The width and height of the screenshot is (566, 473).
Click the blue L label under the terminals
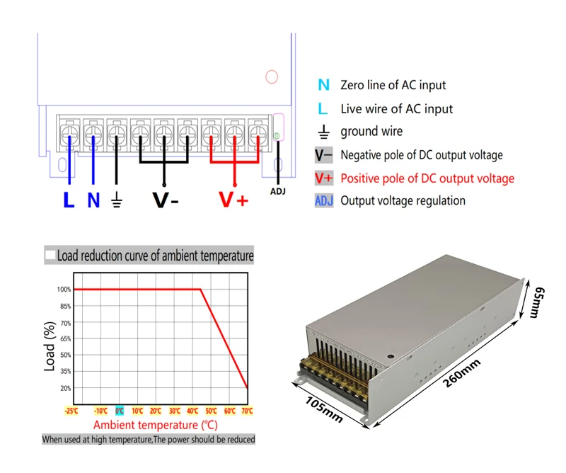click(x=69, y=200)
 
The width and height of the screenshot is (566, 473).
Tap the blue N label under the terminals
click(x=93, y=200)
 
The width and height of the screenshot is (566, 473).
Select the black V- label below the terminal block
click(x=166, y=200)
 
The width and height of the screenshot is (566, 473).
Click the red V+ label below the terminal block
click(x=233, y=200)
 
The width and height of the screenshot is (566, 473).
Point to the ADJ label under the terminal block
click(x=279, y=191)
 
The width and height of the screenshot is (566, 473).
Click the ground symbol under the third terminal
click(x=117, y=201)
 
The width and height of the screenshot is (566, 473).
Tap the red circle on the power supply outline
click(x=271, y=76)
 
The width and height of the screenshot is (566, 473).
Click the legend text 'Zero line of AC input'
click(x=393, y=85)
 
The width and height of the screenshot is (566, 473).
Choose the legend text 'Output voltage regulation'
click(x=403, y=200)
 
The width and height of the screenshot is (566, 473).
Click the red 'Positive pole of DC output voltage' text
click(x=427, y=178)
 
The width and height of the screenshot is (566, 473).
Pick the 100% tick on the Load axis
click(x=64, y=289)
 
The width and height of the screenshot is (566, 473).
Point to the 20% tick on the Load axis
click(x=65, y=388)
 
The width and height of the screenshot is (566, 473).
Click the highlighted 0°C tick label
click(x=119, y=410)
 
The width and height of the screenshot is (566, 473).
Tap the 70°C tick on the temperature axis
click(x=248, y=410)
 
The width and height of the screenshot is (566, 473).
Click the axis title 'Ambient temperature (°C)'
click(x=155, y=425)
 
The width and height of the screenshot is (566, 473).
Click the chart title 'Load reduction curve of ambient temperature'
click(x=155, y=255)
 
